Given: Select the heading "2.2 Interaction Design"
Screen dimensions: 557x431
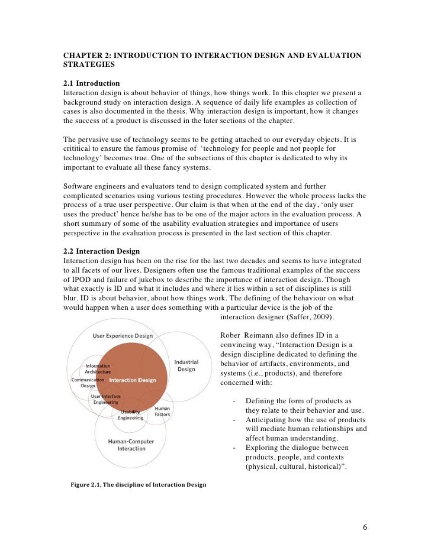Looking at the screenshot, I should click(x=102, y=251).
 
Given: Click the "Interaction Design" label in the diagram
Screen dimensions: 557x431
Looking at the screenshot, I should click(x=133, y=380).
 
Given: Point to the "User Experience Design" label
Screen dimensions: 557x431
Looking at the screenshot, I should click(x=123, y=336).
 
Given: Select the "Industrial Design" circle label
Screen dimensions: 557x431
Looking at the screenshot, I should click(x=186, y=365).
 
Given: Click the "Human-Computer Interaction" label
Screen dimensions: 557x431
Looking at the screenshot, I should click(x=131, y=445).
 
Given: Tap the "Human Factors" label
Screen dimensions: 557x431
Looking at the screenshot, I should click(x=162, y=412).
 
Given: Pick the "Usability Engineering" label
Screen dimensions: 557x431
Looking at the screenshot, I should click(x=130, y=414).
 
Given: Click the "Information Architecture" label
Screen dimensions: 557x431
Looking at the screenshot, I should click(x=98, y=368).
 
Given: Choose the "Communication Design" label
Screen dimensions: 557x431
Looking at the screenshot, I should click(x=88, y=383).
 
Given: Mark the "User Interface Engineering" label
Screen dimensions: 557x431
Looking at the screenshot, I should click(x=105, y=399).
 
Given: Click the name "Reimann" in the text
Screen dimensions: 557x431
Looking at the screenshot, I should click(x=259, y=336).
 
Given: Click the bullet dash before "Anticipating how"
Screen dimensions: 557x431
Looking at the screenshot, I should click(x=235, y=420).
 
